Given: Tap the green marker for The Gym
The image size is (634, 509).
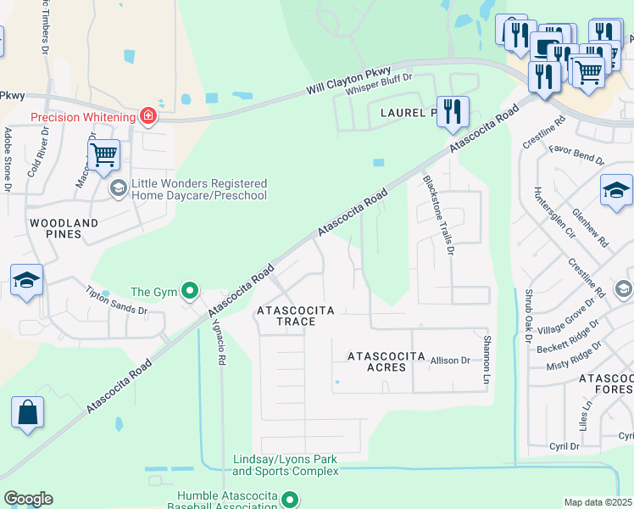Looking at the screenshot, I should (190, 293).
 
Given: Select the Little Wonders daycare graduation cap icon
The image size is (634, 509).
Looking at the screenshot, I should (119, 188).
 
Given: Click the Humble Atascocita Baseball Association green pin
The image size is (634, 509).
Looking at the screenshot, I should (290, 501).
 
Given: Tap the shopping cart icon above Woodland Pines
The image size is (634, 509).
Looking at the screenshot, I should (103, 155).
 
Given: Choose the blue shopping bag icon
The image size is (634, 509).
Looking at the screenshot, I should (27, 413).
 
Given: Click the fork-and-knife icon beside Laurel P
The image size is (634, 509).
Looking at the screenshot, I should (453, 110).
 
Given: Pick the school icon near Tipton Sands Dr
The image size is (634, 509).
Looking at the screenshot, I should (27, 280).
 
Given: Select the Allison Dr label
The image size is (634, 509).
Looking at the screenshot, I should (450, 361).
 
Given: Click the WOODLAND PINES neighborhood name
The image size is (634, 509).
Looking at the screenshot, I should (64, 228).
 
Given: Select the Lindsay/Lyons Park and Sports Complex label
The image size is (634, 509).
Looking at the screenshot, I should (285, 465).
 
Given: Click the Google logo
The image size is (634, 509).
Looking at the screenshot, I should (28, 499).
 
